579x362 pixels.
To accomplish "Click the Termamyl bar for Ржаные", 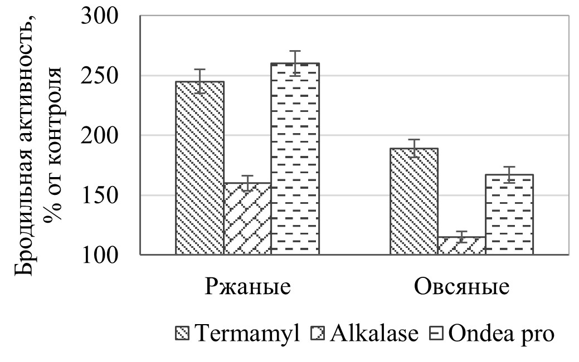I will pos(200,168).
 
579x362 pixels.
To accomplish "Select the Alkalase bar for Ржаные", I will pos(247,219).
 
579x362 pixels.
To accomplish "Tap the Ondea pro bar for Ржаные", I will pos(295,159).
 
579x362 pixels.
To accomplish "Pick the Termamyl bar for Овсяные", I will pos(413,202).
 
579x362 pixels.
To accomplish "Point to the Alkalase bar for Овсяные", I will pos(461,246).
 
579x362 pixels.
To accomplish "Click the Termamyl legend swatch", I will pos(184,334).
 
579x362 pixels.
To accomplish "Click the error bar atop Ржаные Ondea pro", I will pos(295,63).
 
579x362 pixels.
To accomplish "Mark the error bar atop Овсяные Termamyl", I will pos(413,148).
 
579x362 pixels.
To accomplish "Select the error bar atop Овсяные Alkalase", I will pos(461,236).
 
